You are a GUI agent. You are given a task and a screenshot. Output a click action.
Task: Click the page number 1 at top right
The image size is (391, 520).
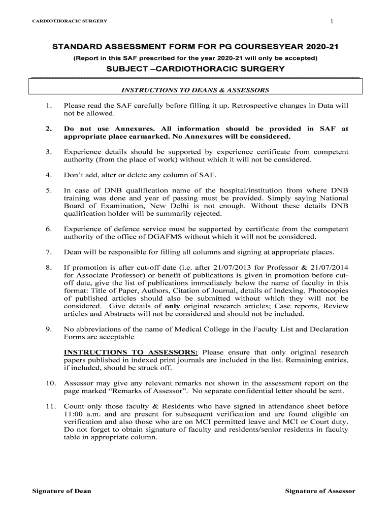(x=331, y=21)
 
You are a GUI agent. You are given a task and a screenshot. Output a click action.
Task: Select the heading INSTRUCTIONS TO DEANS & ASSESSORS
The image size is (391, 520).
(x=195, y=90)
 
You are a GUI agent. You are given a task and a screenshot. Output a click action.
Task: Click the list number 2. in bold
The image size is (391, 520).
(x=49, y=129)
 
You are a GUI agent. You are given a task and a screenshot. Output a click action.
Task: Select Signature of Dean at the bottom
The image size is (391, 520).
(x=61, y=491)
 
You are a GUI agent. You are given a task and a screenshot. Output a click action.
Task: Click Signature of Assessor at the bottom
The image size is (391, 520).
(x=320, y=491)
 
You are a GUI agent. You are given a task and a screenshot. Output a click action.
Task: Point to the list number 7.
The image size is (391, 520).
(x=49, y=252)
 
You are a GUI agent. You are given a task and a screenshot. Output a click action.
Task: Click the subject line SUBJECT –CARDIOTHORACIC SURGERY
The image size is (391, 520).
(x=195, y=69)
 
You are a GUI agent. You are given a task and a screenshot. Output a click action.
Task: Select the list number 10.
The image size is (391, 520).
(x=50, y=383)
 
